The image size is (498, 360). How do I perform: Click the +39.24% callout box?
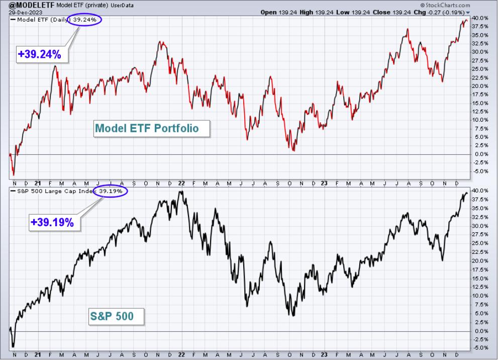[42, 54]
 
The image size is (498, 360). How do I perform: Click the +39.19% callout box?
[54, 222]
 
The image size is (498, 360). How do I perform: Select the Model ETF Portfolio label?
[151, 128]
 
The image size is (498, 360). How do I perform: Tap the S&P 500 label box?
[116, 316]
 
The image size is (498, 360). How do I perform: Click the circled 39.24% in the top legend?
[84, 20]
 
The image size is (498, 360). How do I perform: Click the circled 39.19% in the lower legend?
[111, 191]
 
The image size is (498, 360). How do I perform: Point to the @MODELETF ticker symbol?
[32, 5]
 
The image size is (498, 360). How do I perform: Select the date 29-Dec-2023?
[22, 13]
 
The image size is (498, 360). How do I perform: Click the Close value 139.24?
[403, 13]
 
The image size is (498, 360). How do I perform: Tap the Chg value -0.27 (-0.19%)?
[445, 13]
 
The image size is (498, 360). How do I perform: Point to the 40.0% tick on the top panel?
[480, 18]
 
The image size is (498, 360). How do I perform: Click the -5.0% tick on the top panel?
[480, 171]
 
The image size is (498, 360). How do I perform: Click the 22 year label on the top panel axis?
[181, 184]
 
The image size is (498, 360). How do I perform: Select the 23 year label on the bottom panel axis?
[324, 354]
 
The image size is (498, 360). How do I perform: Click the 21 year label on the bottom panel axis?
[38, 354]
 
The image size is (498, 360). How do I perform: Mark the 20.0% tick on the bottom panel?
[480, 260]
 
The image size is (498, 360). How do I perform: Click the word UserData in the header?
[122, 6]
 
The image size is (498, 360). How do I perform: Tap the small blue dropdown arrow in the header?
[467, 13]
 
